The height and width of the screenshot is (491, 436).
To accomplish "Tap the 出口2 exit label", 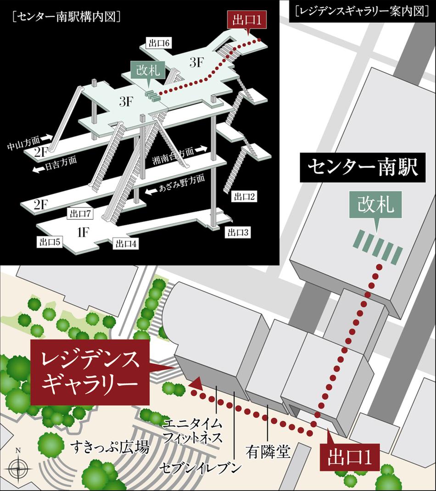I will pos(245,197).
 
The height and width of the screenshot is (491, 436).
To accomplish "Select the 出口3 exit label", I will pos(237,232).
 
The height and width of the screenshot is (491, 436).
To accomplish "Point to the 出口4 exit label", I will pos(126,244).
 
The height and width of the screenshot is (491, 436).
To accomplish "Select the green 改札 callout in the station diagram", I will pos(147,72).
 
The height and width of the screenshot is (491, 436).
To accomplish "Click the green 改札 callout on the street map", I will pos(376,205).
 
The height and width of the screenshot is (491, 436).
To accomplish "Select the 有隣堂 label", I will pos(268,452).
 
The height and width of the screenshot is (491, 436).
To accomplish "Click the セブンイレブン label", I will pos(200,468).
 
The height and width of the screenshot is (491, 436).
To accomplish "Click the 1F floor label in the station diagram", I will pos(83,233).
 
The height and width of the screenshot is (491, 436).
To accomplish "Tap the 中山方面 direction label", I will pos(25,146).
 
